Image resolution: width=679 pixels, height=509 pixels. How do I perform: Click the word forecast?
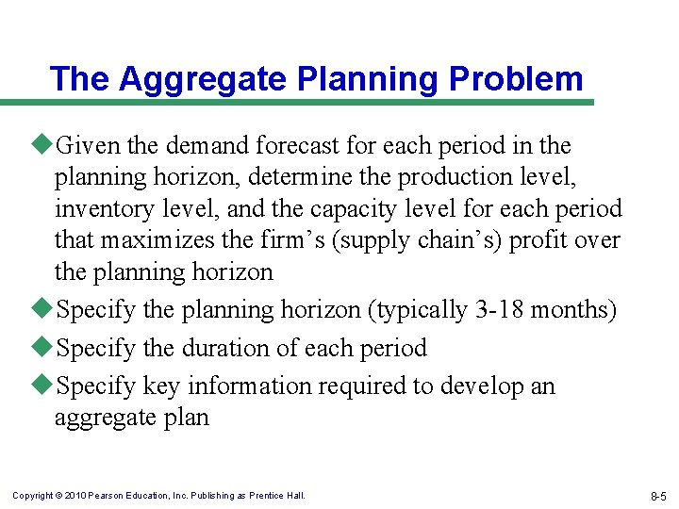click(x=308, y=146)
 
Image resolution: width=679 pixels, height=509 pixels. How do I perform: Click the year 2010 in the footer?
click(x=76, y=496)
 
